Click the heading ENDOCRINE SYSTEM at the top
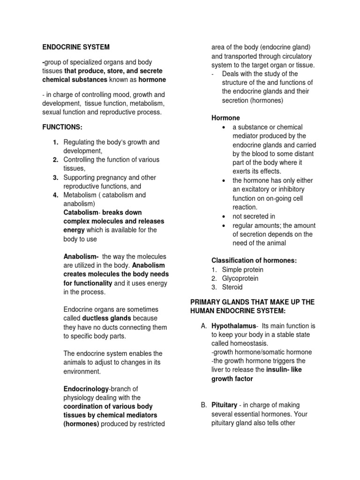tap(75, 47)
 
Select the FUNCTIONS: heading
tap(62, 127)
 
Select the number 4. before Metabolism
tap(55, 195)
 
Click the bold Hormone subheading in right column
tap(225, 118)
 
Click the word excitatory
tap(258, 189)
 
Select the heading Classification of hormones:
tap(254, 260)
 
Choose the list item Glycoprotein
tap(240, 278)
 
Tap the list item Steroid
tap(232, 287)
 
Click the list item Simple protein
tap(242, 270)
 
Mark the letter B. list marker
tap(203, 405)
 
